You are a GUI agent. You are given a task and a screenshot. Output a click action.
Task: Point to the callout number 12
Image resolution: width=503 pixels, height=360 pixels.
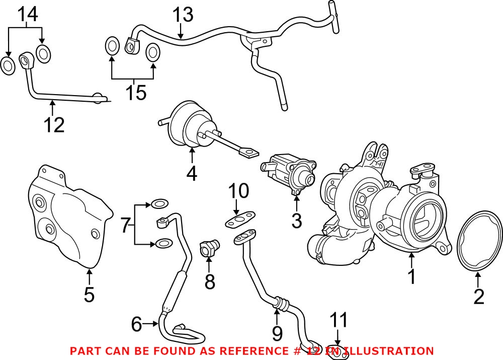tap(53, 124)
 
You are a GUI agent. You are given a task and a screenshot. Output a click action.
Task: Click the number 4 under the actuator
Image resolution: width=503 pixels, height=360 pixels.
tap(191, 173)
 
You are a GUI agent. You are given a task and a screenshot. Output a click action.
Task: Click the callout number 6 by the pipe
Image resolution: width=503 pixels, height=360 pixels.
tap(136, 324)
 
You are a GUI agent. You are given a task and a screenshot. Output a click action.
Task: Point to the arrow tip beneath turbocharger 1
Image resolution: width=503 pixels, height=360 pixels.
tap(411, 253)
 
